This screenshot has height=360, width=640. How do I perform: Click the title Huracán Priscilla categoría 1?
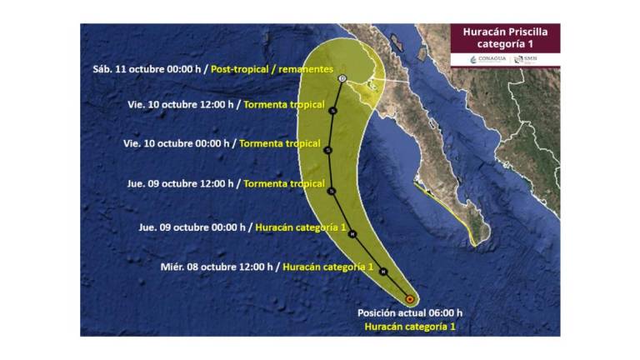tap(505, 37)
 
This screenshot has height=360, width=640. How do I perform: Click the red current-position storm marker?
tap(409, 298)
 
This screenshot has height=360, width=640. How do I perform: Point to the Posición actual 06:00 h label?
tap(410, 312)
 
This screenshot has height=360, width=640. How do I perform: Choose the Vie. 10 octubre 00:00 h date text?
tap(177, 143)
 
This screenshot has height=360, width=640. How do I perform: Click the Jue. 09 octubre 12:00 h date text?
tap(180, 183)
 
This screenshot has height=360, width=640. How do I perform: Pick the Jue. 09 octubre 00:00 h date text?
tap(192, 227)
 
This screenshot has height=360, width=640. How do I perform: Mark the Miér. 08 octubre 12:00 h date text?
tap(217, 267)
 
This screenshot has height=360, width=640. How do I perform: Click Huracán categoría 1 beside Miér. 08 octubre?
tap(328, 267)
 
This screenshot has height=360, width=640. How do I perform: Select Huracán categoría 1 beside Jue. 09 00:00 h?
tap(301, 227)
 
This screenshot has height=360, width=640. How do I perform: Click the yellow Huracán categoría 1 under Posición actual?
tap(410, 327)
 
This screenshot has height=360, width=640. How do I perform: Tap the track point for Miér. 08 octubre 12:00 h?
tap(382, 272)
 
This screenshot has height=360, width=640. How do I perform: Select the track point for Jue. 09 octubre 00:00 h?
tap(352, 234)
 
